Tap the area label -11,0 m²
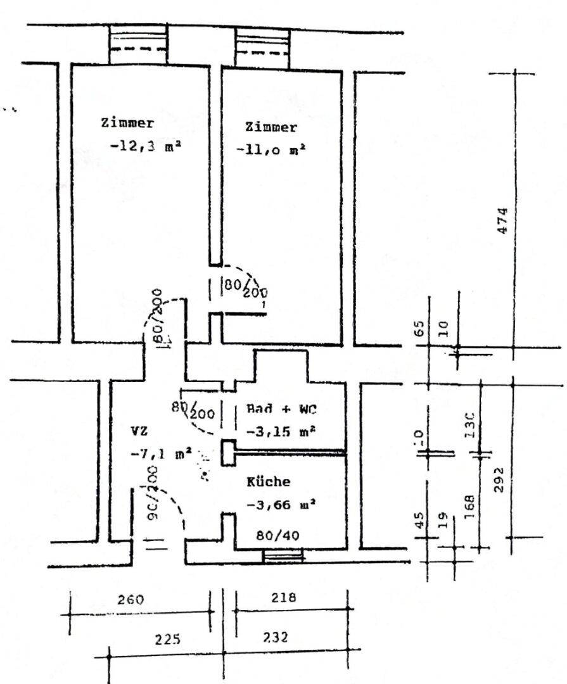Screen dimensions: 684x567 click(271, 150)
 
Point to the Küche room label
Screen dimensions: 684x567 click(269, 482)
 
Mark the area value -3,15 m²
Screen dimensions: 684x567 click(281, 431)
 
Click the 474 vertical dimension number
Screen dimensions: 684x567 click(502, 220)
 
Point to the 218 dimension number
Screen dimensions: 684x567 click(283, 597)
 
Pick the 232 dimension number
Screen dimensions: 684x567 click(275, 637)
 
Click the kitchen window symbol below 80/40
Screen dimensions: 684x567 click(283, 556)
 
